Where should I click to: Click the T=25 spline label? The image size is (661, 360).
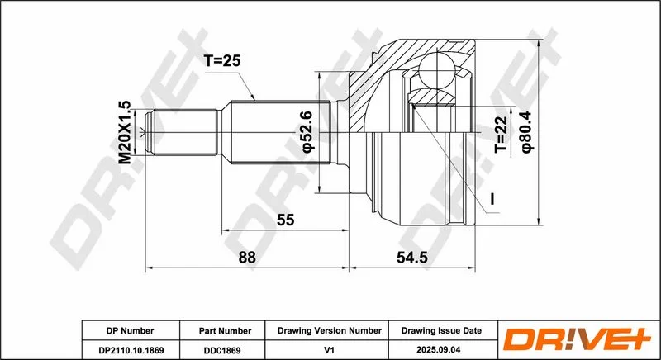click(x=221, y=61)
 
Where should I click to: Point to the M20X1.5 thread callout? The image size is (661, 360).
click(x=125, y=133)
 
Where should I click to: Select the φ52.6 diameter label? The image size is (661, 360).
click(x=307, y=131)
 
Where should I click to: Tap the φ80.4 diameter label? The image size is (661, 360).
click(x=527, y=131)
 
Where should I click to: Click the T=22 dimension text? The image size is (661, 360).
click(x=502, y=135)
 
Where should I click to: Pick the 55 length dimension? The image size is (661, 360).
click(x=285, y=220)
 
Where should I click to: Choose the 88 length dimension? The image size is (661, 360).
click(x=247, y=258)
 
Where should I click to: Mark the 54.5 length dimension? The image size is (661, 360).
click(x=412, y=258)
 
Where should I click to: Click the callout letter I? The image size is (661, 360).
click(x=492, y=199)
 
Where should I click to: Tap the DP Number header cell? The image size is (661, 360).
click(x=130, y=331)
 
